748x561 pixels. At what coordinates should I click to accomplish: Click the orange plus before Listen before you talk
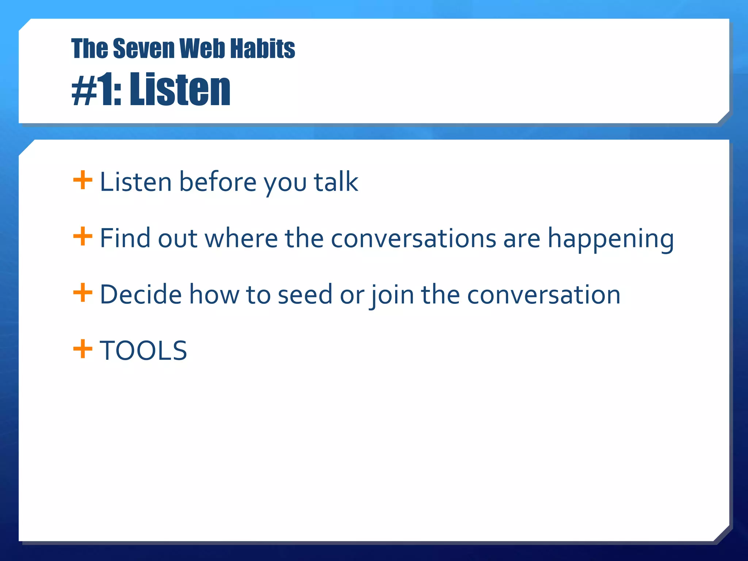(83, 180)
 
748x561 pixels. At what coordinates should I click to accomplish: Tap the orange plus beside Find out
(83, 236)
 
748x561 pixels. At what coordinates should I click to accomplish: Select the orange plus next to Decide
(83, 293)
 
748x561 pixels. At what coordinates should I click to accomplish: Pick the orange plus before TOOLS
(83, 349)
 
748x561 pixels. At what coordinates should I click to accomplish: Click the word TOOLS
(143, 351)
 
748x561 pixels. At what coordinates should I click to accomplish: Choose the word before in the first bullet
(218, 182)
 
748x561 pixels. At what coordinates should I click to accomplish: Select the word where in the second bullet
(241, 238)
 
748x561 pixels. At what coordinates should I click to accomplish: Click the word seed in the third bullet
(305, 294)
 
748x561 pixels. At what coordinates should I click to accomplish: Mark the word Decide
(141, 294)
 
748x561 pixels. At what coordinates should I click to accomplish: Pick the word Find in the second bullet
(125, 238)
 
